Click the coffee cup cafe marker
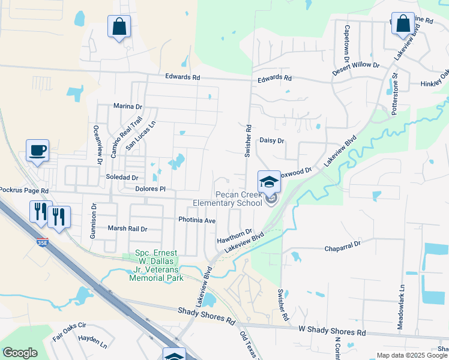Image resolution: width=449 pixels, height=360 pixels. (x=37, y=150)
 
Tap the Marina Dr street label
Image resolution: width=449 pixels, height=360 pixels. (x=128, y=106)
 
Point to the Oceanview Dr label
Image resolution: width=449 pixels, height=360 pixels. (x=95, y=145)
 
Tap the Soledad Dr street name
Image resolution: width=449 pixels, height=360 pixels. (x=122, y=178)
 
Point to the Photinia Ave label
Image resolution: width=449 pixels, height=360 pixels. (x=197, y=220)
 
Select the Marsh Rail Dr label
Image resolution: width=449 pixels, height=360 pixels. (x=127, y=229)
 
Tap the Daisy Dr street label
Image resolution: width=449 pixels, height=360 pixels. (x=271, y=140)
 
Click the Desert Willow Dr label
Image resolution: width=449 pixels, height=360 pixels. (x=357, y=64)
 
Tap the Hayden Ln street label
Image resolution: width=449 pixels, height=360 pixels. (x=92, y=345)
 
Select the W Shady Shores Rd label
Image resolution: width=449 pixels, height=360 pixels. (x=332, y=331)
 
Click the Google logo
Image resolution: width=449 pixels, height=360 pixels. (x=20, y=353)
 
